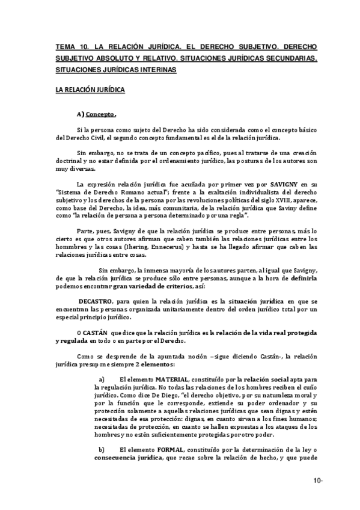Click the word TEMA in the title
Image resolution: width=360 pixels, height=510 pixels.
[64, 46]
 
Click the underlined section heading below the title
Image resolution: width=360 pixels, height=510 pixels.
[90, 90]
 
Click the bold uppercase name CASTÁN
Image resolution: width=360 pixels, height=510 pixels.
[96, 333]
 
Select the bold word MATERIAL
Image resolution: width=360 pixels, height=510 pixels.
[172, 379]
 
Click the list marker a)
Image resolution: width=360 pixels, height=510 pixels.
[101, 379]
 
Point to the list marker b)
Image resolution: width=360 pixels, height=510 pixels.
[101, 449]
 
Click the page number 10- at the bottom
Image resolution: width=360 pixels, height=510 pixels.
[317, 480]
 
